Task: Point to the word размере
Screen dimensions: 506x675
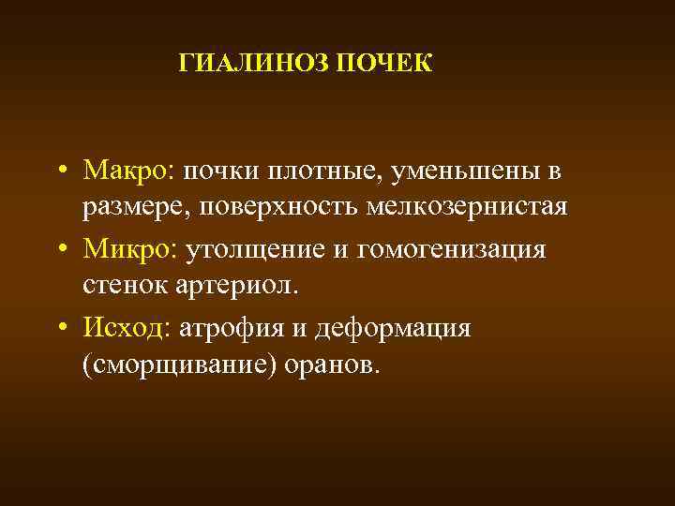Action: (x=130, y=206)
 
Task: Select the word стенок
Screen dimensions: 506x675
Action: (x=123, y=285)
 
